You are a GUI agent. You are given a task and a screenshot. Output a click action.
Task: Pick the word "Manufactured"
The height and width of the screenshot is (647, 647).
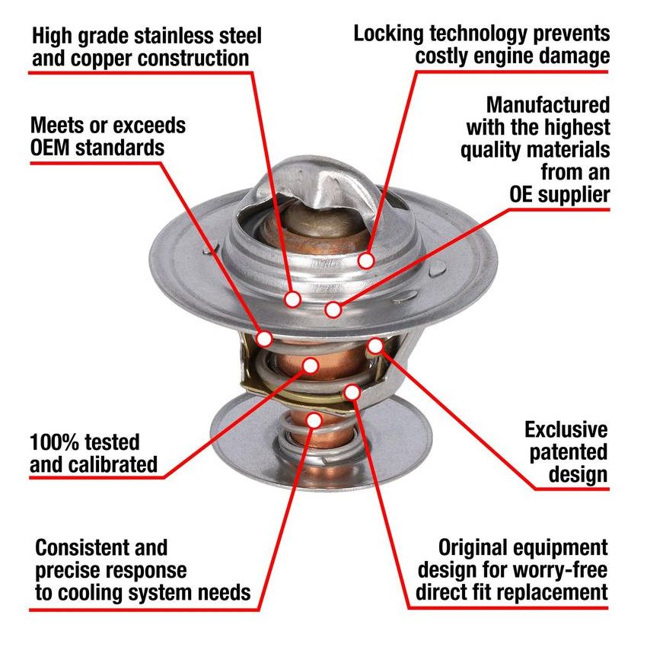click(548, 104)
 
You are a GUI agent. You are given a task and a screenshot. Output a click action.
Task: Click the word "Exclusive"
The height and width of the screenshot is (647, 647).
click(566, 430)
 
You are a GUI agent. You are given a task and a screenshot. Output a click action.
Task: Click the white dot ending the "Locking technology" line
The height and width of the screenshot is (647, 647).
click(367, 260)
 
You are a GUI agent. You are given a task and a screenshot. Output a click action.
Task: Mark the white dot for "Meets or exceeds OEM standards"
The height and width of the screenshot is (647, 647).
click(266, 337)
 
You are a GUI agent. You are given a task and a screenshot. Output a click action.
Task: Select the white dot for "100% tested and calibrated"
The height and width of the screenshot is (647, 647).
click(310, 365)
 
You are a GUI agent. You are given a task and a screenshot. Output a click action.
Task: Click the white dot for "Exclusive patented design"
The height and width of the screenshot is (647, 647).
click(375, 346)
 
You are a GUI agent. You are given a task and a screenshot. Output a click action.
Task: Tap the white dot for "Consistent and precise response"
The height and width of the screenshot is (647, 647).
click(314, 419)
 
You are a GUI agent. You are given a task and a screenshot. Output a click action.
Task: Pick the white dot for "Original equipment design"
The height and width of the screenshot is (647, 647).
click(352, 392)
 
